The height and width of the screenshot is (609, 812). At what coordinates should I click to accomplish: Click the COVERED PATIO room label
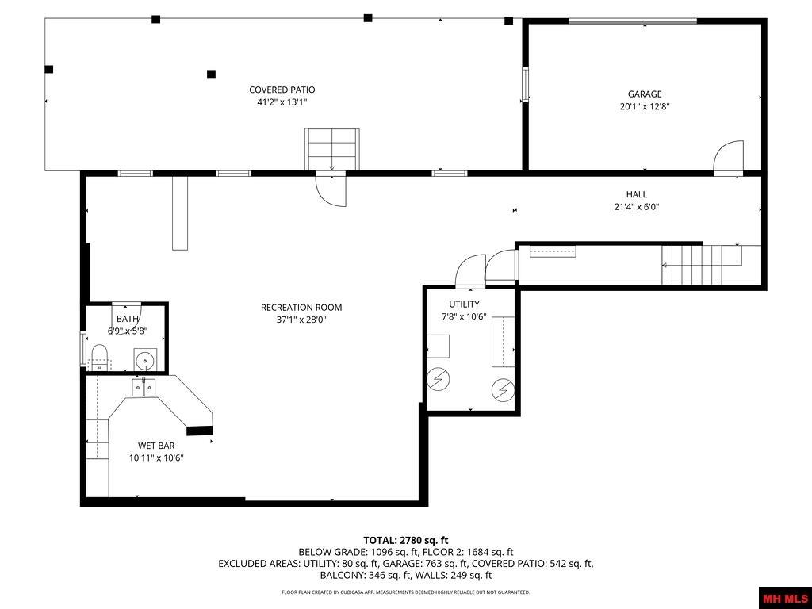click(282, 90)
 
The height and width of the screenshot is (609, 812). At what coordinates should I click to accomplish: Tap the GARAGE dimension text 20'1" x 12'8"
click(645, 106)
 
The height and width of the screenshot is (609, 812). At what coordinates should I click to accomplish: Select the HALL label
click(636, 194)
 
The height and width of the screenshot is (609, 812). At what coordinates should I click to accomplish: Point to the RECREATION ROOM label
click(301, 308)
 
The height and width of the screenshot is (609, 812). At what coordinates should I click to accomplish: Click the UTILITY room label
click(464, 304)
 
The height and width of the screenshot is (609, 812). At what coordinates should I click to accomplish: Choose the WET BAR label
click(156, 446)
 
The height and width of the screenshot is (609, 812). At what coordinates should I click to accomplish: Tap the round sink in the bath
click(145, 361)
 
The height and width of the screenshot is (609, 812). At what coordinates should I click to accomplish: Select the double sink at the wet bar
click(144, 387)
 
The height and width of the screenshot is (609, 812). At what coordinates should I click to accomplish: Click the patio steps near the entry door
click(331, 148)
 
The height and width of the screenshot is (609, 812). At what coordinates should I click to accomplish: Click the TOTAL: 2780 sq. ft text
click(406, 540)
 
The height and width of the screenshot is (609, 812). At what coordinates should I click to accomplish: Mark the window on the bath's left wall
click(82, 349)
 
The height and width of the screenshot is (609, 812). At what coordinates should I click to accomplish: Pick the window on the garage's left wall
click(524, 85)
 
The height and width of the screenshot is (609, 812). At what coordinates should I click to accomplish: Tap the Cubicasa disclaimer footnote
click(406, 592)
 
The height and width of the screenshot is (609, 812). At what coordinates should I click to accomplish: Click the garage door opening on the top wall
click(632, 21)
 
